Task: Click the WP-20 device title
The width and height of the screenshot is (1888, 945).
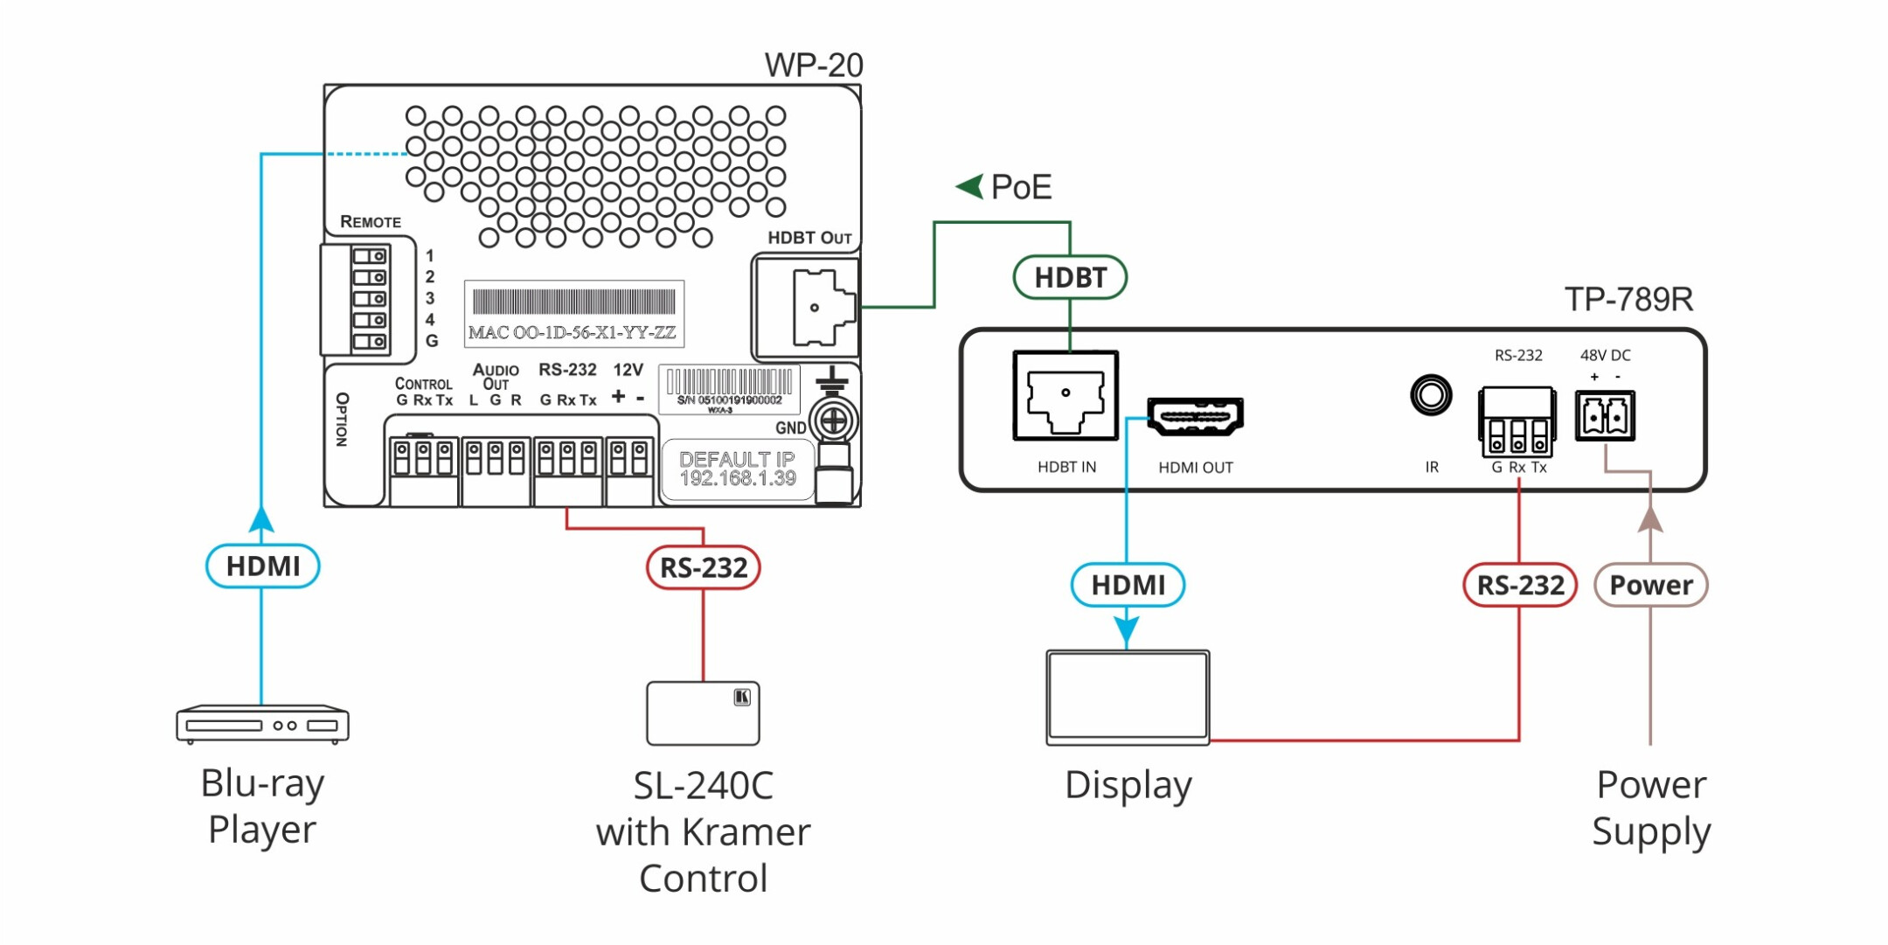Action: click(x=813, y=66)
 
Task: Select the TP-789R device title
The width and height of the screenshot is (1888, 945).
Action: click(x=1628, y=300)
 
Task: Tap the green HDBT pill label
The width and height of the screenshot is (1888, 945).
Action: click(x=1070, y=278)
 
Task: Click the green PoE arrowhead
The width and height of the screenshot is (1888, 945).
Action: click(x=969, y=186)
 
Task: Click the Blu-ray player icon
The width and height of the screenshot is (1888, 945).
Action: click(x=262, y=724)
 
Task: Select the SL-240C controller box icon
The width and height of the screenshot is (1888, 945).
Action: click(x=703, y=713)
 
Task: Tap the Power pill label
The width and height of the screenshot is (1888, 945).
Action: click(x=1650, y=585)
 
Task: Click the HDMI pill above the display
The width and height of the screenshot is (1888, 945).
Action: click(x=1128, y=585)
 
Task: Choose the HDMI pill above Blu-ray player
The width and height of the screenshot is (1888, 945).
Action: click(x=262, y=566)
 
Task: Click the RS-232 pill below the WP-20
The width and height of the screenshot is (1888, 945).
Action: click(x=703, y=567)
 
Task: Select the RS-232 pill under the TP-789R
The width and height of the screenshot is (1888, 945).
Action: click(x=1519, y=585)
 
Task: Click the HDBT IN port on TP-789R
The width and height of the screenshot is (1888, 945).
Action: click(x=1065, y=396)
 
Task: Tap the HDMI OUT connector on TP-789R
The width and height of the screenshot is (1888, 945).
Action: click(x=1195, y=417)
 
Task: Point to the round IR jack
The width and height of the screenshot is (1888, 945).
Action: click(x=1431, y=395)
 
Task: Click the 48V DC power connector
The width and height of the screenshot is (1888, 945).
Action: click(x=1605, y=417)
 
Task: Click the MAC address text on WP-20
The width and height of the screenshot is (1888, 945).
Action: click(x=573, y=333)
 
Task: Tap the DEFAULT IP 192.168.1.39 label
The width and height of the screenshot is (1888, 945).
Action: click(x=737, y=469)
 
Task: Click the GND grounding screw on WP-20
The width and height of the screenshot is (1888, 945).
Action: click(x=833, y=421)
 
